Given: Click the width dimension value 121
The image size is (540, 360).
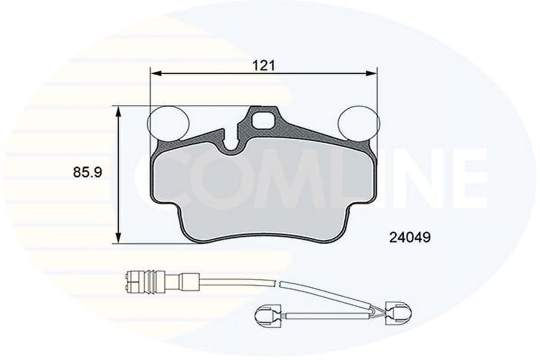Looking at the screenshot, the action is [x=264, y=65].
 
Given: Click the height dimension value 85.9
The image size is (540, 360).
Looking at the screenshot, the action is [x=88, y=172].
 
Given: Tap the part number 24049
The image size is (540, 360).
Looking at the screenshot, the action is [x=410, y=238].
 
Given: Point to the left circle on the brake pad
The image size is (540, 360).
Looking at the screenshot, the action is [x=168, y=123].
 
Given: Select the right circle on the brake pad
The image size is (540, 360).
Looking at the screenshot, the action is [x=359, y=123].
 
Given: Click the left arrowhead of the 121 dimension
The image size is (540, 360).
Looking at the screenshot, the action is [x=156, y=73].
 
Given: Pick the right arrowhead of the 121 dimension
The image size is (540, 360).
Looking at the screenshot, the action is [x=371, y=73].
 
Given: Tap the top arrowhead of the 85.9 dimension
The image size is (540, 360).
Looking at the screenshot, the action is [x=118, y=112].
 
